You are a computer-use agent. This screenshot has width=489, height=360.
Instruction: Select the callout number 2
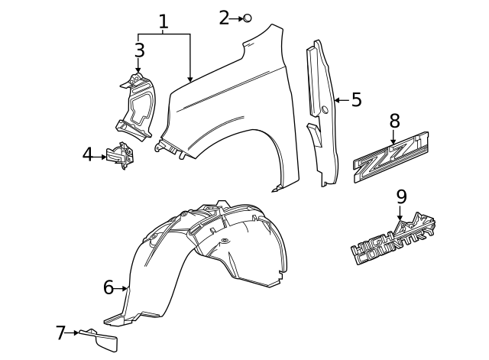(224, 18)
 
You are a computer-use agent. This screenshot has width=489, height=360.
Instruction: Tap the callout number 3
(138, 50)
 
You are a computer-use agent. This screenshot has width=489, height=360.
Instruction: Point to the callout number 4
(88, 155)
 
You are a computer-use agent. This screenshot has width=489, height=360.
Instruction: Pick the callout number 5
(356, 100)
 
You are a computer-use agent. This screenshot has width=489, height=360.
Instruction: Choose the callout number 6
(108, 287)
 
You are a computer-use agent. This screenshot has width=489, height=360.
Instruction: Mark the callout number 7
(61, 332)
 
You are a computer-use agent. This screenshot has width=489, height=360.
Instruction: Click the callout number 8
(394, 120)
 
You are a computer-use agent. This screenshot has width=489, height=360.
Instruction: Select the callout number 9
(401, 196)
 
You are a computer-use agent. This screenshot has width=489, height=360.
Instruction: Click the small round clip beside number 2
(247, 18)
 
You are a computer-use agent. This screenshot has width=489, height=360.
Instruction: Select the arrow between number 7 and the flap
(74, 332)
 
